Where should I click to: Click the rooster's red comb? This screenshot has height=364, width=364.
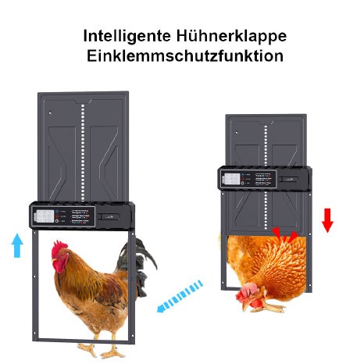[59, 248]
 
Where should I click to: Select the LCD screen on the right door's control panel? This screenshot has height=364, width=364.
[231, 177]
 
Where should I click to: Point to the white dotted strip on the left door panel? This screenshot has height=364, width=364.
[82, 148]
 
